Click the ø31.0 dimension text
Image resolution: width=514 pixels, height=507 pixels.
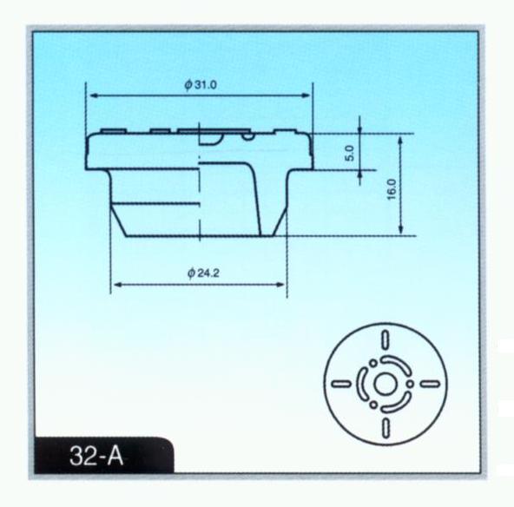[x=201, y=85]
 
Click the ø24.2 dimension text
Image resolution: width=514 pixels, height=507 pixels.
[x=203, y=273]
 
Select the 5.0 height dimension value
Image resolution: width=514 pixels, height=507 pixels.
[x=350, y=153]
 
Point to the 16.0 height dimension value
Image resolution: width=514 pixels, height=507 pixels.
[x=392, y=189]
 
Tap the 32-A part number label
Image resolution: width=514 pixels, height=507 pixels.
[x=96, y=456]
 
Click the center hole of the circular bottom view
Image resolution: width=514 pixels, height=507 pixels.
[x=385, y=384]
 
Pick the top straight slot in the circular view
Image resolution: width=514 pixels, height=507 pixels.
[x=385, y=339]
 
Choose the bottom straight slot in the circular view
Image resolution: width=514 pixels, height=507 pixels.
[x=385, y=428]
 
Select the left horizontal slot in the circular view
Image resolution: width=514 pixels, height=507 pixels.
[x=341, y=384]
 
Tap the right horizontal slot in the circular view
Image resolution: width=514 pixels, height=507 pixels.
[x=430, y=384]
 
